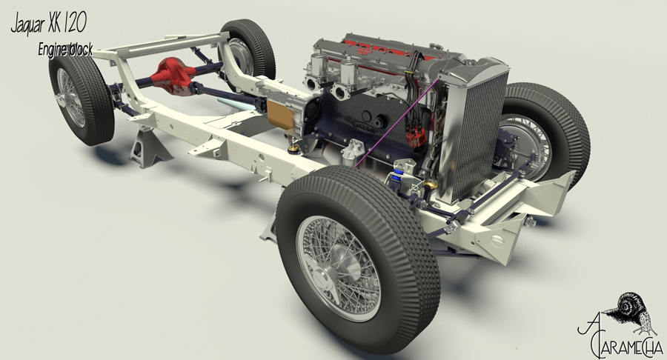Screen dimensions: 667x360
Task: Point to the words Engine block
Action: point(65,50)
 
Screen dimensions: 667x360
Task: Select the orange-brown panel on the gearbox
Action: point(281,114)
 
